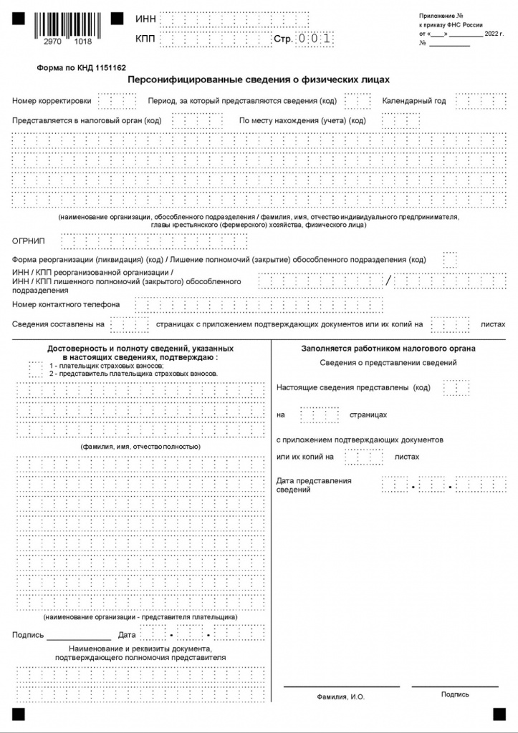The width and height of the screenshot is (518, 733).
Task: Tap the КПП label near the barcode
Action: pyautogui.click(x=145, y=39)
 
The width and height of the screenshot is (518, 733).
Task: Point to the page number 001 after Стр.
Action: pyautogui.click(x=315, y=39)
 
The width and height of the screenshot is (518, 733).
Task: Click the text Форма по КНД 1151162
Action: pyautogui.click(x=81, y=68)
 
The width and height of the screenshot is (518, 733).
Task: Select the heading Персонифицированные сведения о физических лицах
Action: pyautogui.click(x=259, y=81)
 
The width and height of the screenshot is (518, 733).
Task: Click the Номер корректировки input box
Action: pyautogui.click(x=112, y=101)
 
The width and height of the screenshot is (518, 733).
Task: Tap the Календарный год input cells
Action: pyautogui.click(x=471, y=101)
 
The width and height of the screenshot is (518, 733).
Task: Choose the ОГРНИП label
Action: pyautogui.click(x=29, y=241)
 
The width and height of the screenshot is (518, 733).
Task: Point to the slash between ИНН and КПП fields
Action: pyautogui.click(x=389, y=281)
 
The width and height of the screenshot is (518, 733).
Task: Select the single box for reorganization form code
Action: pyautogui.click(x=450, y=259)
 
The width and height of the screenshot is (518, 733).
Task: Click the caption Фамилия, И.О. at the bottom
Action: pyautogui.click(x=342, y=696)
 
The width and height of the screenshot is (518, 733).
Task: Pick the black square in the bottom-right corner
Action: pyautogui.click(x=499, y=714)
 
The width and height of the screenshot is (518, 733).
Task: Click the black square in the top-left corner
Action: pyautogui.click(x=19, y=18)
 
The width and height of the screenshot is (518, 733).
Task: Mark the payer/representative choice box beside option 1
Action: pyautogui.click(x=35, y=369)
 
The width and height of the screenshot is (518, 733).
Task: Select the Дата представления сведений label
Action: pyautogui.click(x=314, y=485)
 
